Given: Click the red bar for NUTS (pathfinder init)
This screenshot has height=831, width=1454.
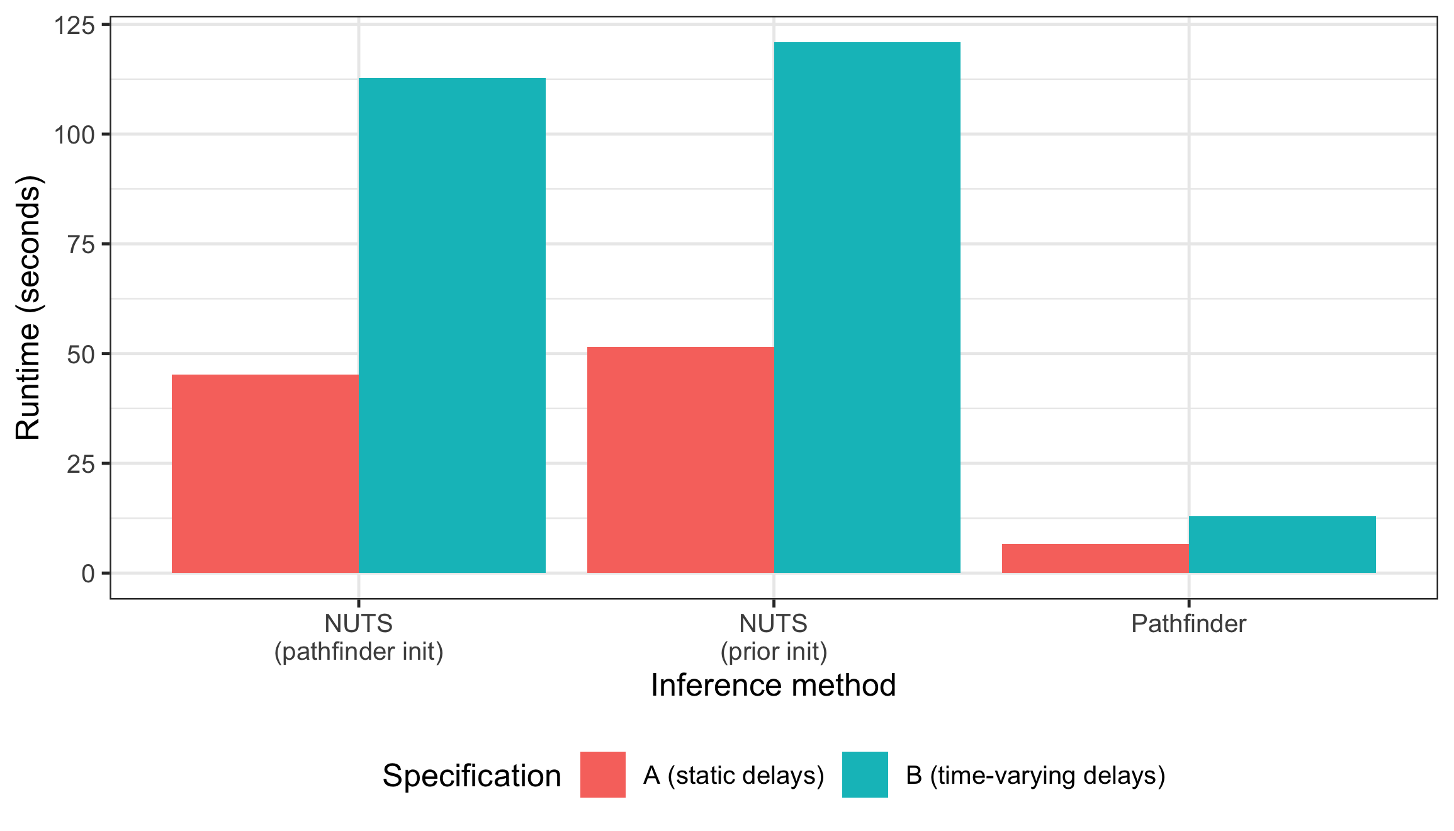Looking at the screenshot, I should point(265,473).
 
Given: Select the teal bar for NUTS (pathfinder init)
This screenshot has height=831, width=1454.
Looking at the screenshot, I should point(452,325).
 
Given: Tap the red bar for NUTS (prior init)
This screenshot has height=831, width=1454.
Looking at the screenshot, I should point(680,460).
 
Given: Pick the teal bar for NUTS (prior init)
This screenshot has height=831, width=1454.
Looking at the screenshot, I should point(867,307).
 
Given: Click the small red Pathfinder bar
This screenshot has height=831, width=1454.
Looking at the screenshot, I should point(1095,558).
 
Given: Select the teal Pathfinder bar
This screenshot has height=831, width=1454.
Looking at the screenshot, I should point(1282,545).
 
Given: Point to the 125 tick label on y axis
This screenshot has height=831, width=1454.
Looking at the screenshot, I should point(74,26).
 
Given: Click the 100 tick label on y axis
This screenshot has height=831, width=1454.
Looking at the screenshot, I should point(74,135).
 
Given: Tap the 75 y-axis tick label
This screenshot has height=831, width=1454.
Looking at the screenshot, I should point(81,245).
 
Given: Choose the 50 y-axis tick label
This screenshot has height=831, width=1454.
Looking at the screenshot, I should point(81,355).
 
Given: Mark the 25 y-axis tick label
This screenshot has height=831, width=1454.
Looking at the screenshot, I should point(81,465).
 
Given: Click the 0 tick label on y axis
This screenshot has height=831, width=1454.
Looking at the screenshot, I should point(88,574).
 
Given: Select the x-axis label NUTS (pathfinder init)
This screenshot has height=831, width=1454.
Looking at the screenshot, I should point(359,637).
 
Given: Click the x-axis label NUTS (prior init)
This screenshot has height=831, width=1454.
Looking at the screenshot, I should point(774,637).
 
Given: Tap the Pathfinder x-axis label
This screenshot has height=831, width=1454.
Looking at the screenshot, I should point(1188,624).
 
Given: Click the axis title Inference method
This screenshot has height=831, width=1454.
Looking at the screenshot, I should point(773,685).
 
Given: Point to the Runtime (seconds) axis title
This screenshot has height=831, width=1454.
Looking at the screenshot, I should point(28,308).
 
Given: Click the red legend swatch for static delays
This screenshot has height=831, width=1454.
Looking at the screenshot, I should point(602,774).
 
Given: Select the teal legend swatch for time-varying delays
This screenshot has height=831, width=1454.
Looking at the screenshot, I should point(865,774).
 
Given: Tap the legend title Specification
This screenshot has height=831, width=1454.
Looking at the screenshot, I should point(471,776).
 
